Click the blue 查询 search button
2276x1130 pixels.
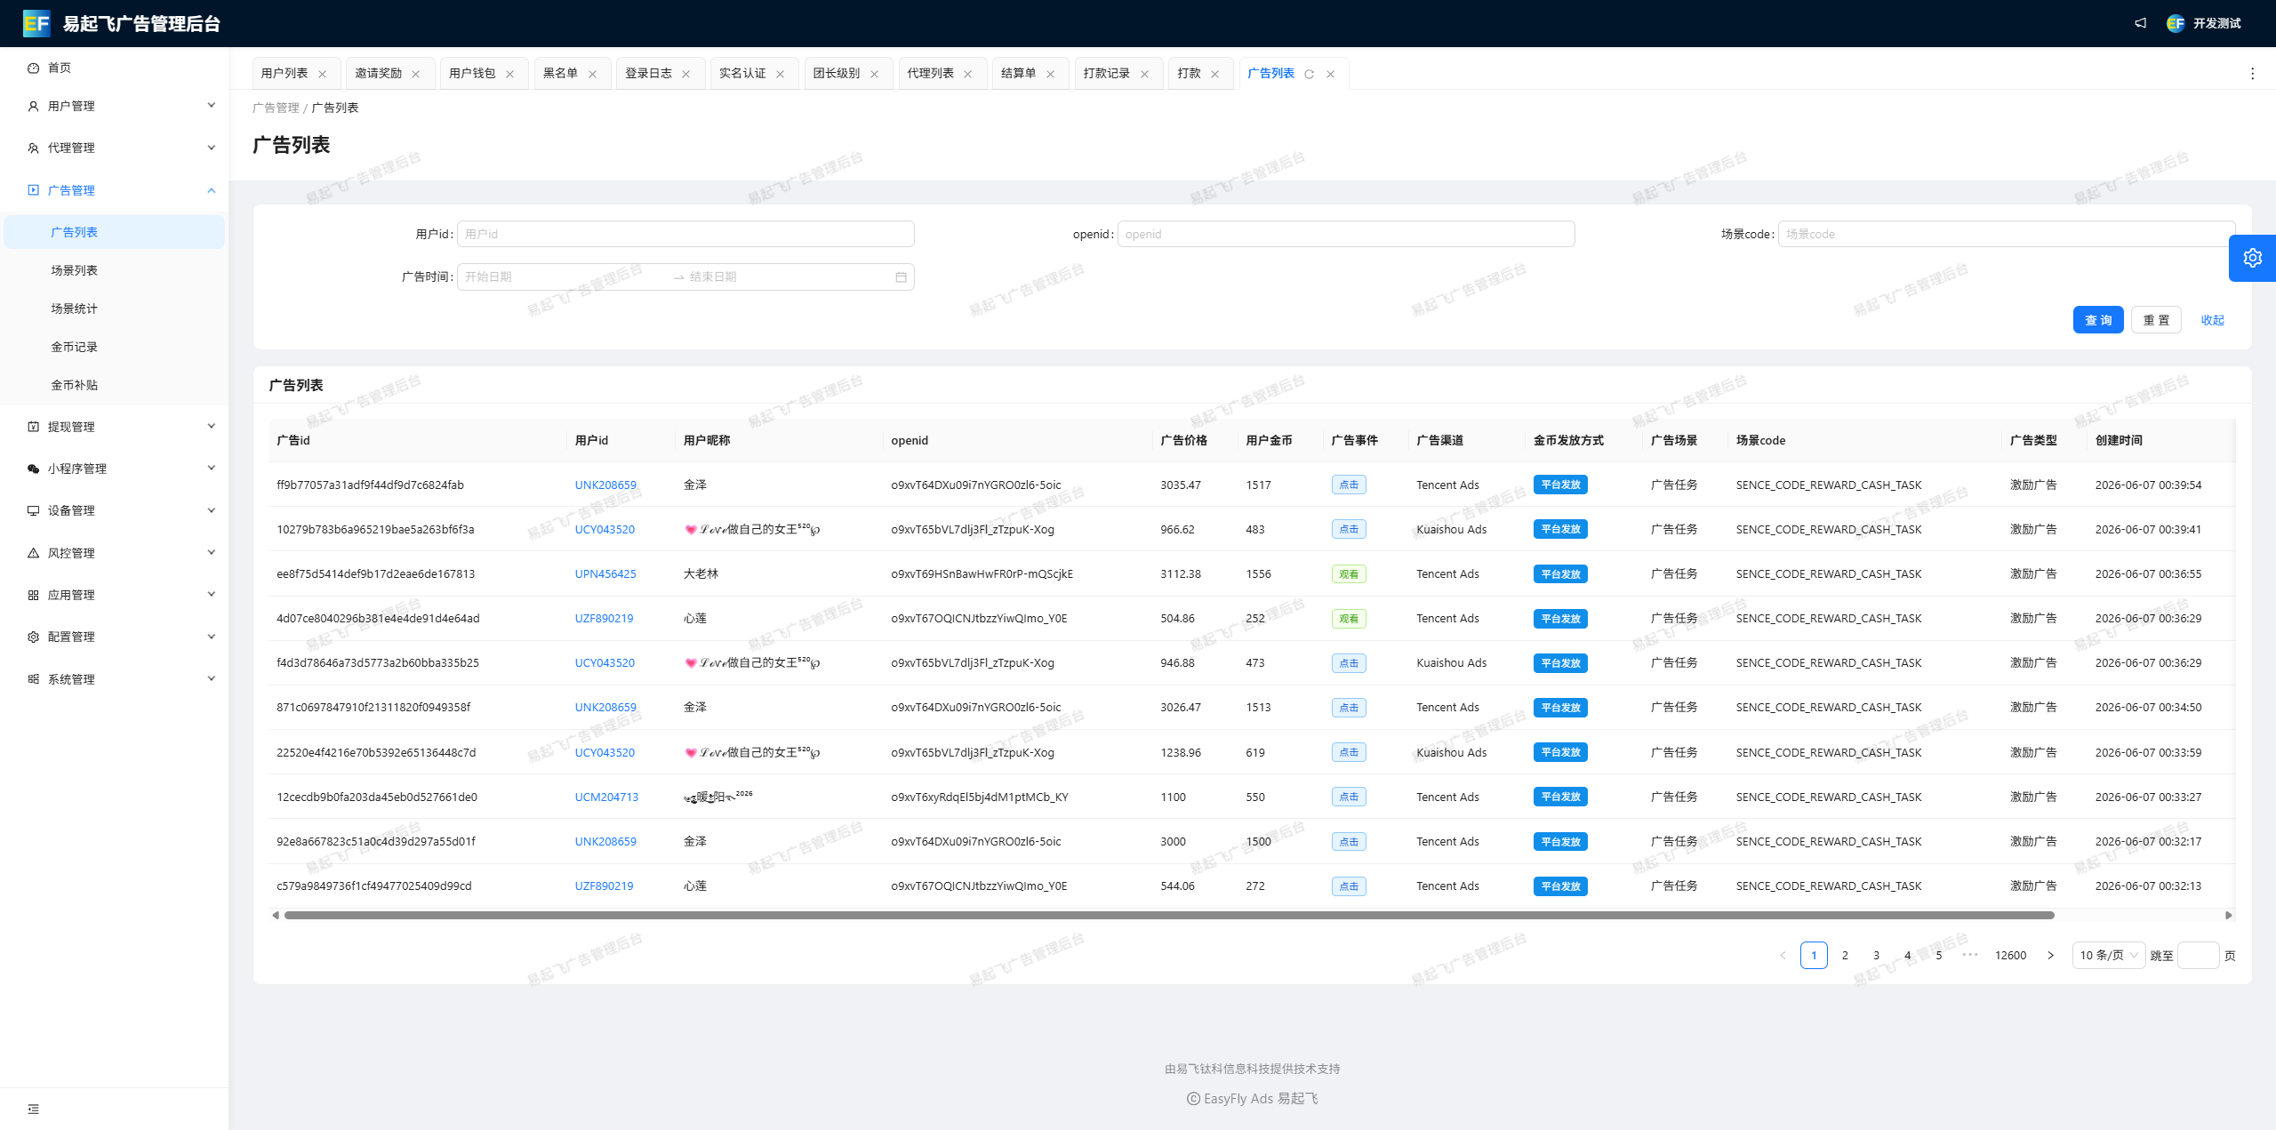(2097, 320)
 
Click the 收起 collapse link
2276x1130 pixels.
(2212, 320)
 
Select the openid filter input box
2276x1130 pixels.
(1345, 234)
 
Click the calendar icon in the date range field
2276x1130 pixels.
(901, 277)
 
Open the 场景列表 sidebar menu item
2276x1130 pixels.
(74, 270)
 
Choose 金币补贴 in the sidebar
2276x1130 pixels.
(74, 385)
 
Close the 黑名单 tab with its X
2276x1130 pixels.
(592, 74)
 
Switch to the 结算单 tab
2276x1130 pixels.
(1018, 73)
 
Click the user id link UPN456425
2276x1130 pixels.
(605, 573)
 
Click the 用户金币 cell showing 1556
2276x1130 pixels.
(1258, 573)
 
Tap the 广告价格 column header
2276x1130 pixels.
(1183, 440)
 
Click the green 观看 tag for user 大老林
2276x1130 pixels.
(1349, 574)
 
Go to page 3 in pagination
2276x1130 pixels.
(1876, 955)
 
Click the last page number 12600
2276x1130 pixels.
(2010, 955)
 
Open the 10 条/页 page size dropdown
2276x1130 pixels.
(2108, 955)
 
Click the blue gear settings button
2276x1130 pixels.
(2252, 258)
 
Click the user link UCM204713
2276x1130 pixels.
(606, 797)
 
